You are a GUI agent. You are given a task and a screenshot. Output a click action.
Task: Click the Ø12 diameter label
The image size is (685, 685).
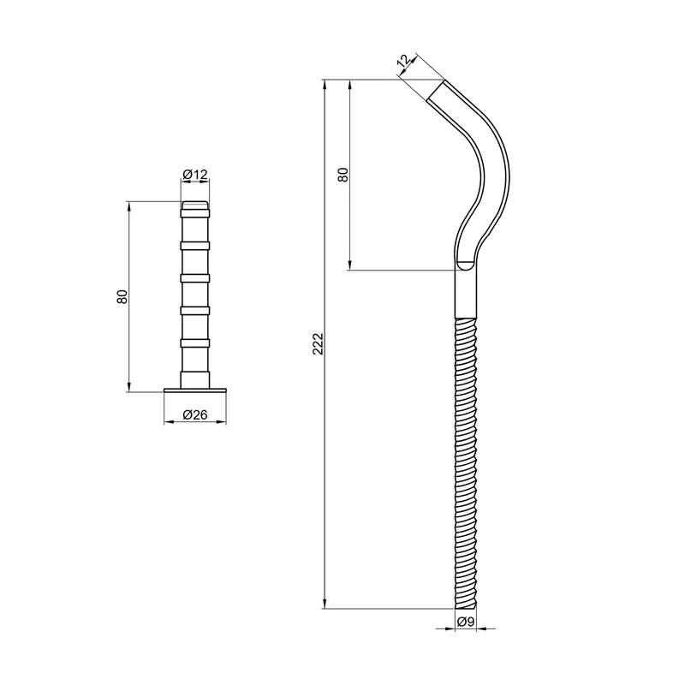[195, 175]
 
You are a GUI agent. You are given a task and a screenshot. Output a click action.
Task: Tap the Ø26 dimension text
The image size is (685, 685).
[195, 414]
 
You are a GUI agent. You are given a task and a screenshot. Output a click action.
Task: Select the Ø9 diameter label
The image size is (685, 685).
[466, 622]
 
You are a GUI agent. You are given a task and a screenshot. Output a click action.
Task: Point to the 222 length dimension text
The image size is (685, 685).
[318, 344]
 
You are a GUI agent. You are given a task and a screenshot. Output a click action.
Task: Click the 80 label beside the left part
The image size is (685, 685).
[122, 296]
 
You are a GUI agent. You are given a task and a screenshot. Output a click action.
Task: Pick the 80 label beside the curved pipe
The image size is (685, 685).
[343, 175]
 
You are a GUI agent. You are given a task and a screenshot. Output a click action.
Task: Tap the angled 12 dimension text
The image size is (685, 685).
[404, 60]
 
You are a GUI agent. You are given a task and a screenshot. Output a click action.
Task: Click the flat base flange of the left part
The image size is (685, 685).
[195, 390]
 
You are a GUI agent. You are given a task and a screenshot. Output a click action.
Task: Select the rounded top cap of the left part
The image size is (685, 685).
[195, 205]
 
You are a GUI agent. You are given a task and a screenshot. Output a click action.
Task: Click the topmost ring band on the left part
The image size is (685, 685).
[195, 213]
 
